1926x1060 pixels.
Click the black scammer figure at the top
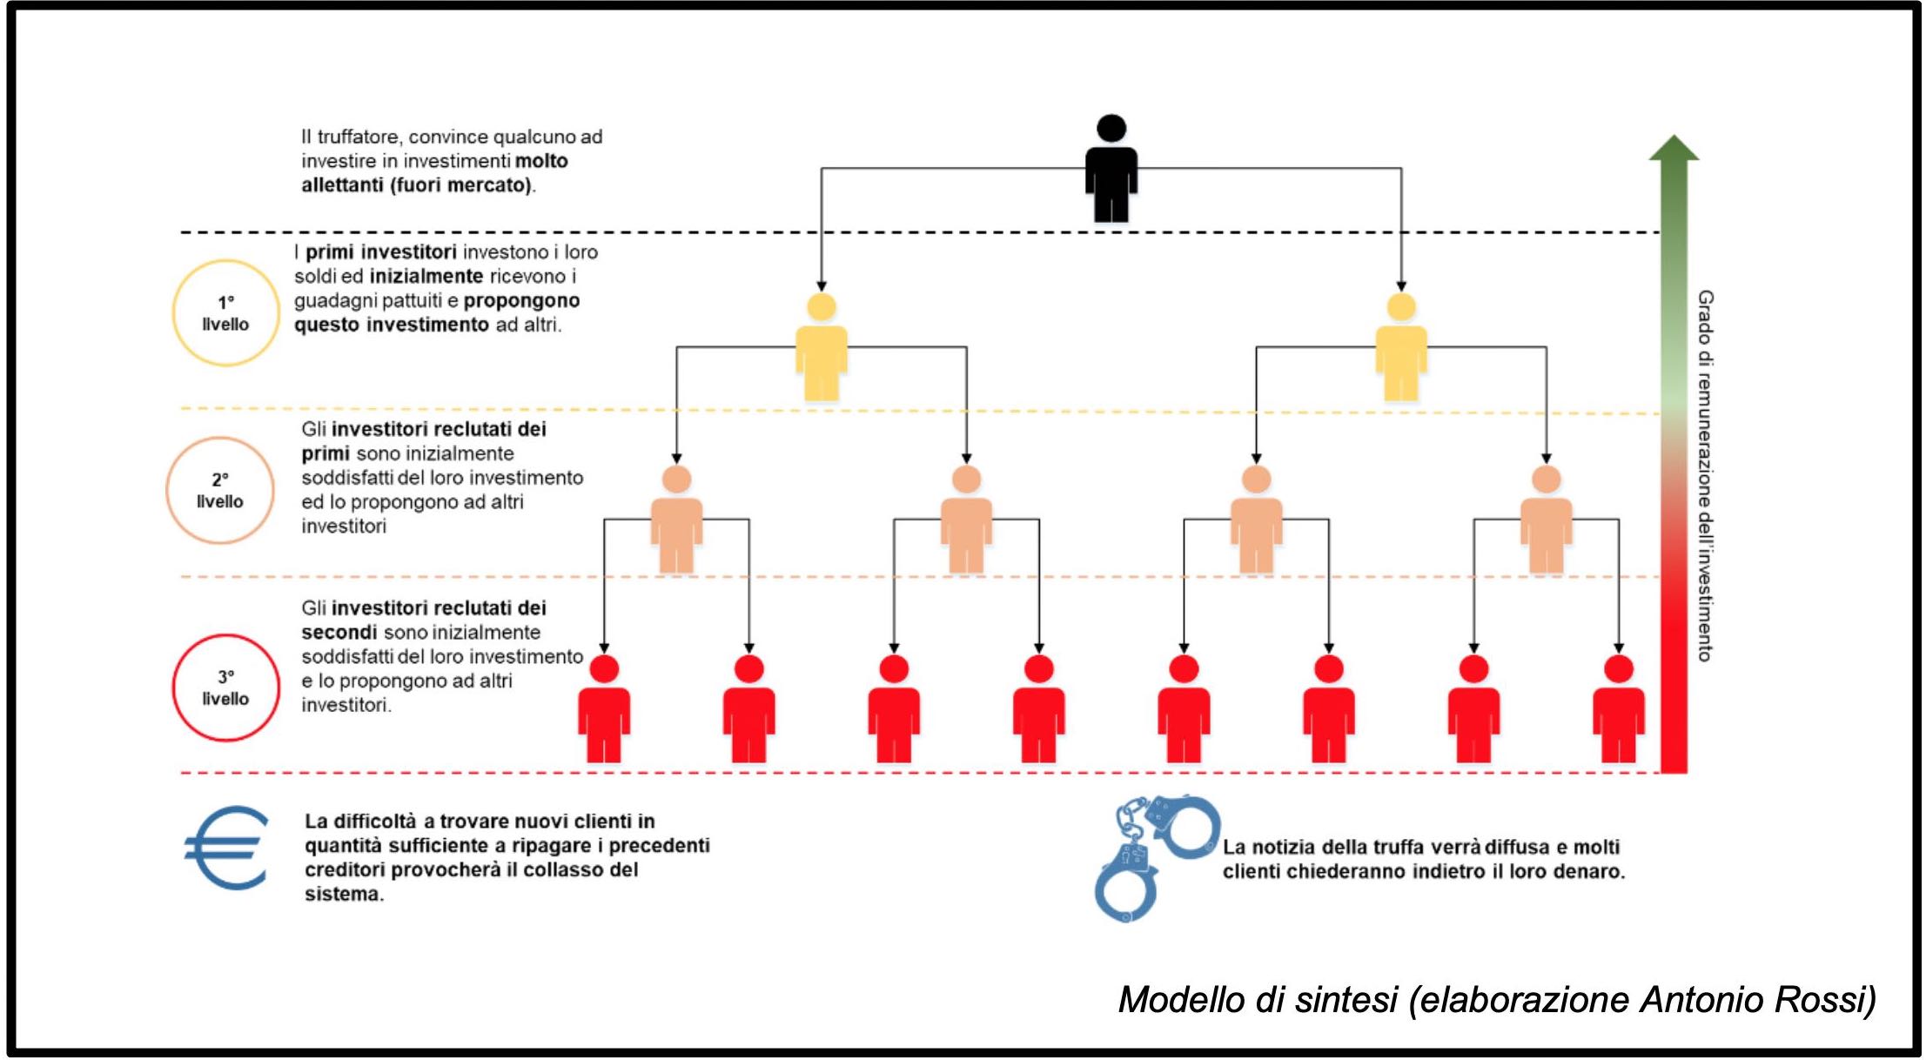[x=1111, y=170]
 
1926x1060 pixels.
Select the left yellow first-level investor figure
[x=821, y=348]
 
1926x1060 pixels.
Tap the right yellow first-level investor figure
[x=1400, y=348]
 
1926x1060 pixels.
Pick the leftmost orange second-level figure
[x=676, y=520]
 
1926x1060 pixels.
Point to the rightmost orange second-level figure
[x=1546, y=520]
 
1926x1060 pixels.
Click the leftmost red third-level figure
[x=604, y=709]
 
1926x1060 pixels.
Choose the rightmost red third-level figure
[x=1618, y=709]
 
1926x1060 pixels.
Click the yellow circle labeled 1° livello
[x=225, y=313]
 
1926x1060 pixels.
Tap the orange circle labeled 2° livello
[x=220, y=491]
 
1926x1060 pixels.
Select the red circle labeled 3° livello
[x=225, y=688]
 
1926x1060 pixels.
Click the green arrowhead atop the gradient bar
[x=1674, y=149]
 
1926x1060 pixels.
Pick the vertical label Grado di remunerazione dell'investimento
[x=1705, y=475]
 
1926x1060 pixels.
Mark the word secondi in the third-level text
[x=339, y=632]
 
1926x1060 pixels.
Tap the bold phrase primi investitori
[x=380, y=252]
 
